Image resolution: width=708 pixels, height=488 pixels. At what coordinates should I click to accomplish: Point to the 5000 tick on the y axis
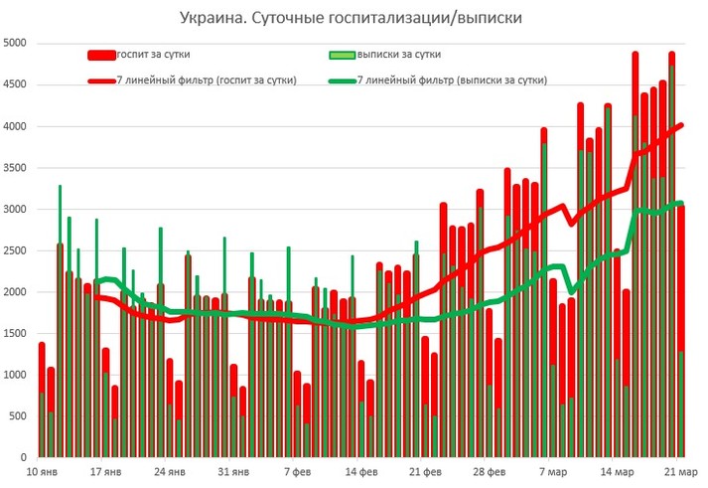(x=17, y=44)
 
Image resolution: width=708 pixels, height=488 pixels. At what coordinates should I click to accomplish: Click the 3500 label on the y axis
(x=17, y=168)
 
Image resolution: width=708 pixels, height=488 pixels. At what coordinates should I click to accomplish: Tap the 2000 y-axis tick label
(x=17, y=292)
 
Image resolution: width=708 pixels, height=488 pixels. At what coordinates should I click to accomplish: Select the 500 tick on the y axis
(x=20, y=416)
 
